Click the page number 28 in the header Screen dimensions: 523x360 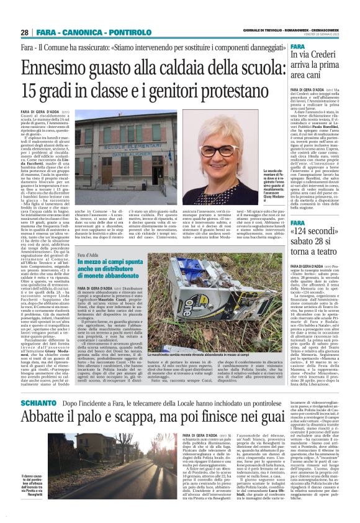point(25,32)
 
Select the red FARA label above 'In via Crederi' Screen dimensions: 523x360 point(314,45)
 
